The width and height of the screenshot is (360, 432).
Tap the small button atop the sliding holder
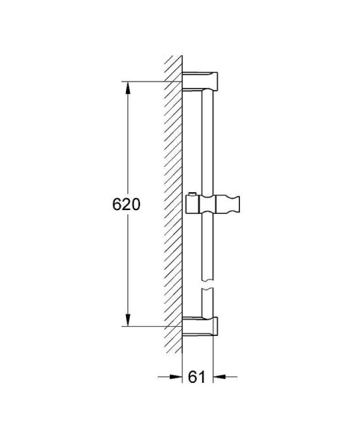(x=193, y=194)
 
